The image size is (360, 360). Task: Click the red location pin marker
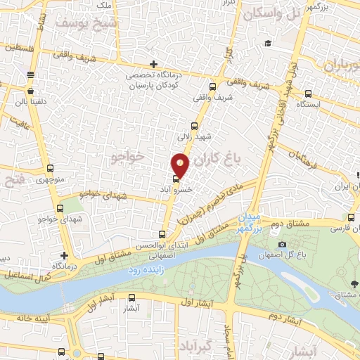180,165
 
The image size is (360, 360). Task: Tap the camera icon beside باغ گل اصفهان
282,244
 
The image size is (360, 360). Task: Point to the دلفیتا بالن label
30,101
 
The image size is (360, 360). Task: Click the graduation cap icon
267,44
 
